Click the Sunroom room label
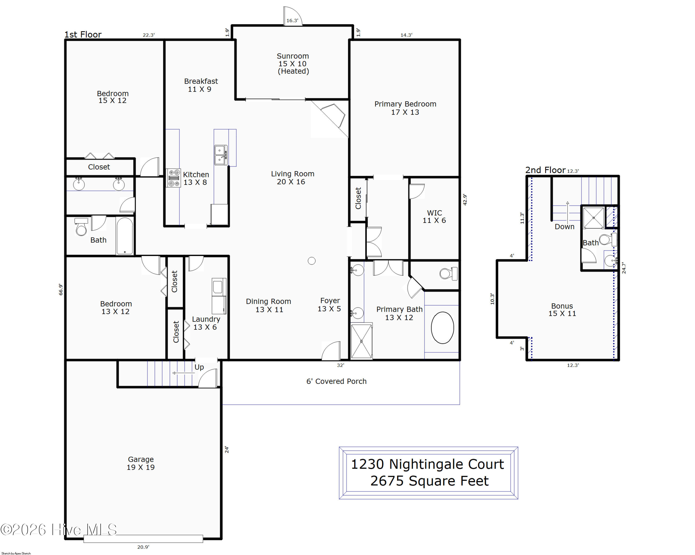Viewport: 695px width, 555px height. pyautogui.click(x=293, y=64)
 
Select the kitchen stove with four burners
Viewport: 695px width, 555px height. pyautogui.click(x=174, y=178)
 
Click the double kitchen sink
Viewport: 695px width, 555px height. pyautogui.click(x=221, y=155)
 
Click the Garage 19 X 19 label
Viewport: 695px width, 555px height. pyautogui.click(x=141, y=463)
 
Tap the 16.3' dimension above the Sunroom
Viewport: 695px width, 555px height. pyautogui.click(x=292, y=21)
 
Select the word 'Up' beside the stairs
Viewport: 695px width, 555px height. pyautogui.click(x=199, y=367)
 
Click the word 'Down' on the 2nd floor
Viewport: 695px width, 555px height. pyautogui.click(x=564, y=227)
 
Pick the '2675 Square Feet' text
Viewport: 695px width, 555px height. pyautogui.click(x=429, y=481)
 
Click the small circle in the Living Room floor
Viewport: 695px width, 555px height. pyautogui.click(x=311, y=261)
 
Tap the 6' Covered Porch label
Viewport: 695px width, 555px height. pyautogui.click(x=336, y=381)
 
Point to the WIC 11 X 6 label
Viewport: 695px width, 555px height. pyautogui.click(x=434, y=217)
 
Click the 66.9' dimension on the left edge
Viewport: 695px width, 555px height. pyautogui.click(x=61, y=289)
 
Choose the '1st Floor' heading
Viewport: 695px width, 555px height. pyautogui.click(x=83, y=35)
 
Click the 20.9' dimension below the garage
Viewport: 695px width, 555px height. pyautogui.click(x=143, y=547)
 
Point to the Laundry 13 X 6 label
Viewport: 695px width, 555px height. pyautogui.click(x=206, y=323)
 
